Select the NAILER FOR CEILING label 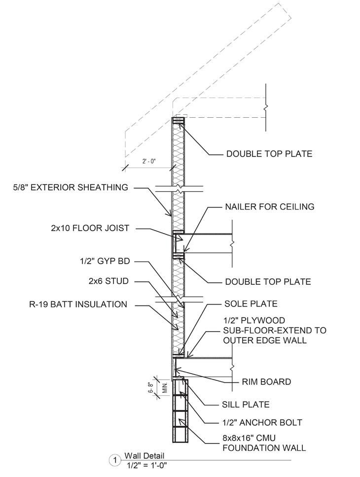pos(270,206)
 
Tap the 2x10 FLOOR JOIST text pos(90,228)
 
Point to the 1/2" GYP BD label pos(106,261)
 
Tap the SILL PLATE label pos(246,405)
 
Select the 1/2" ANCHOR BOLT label pos(262,422)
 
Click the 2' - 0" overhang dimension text pos(147,161)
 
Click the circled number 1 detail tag pos(114,461)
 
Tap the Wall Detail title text pos(144,456)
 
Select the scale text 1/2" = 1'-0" pos(146,465)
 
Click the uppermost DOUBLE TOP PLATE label pos(269,154)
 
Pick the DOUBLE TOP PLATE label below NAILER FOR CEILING pos(268,281)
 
